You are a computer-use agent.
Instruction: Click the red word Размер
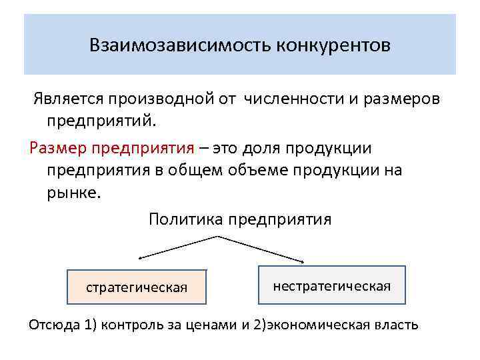tap(59, 147)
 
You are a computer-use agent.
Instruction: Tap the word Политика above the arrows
tap(185, 219)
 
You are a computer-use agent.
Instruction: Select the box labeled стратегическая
tap(137, 287)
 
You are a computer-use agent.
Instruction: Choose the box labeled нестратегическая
tap(331, 285)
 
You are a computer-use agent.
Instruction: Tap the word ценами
tap(214, 325)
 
